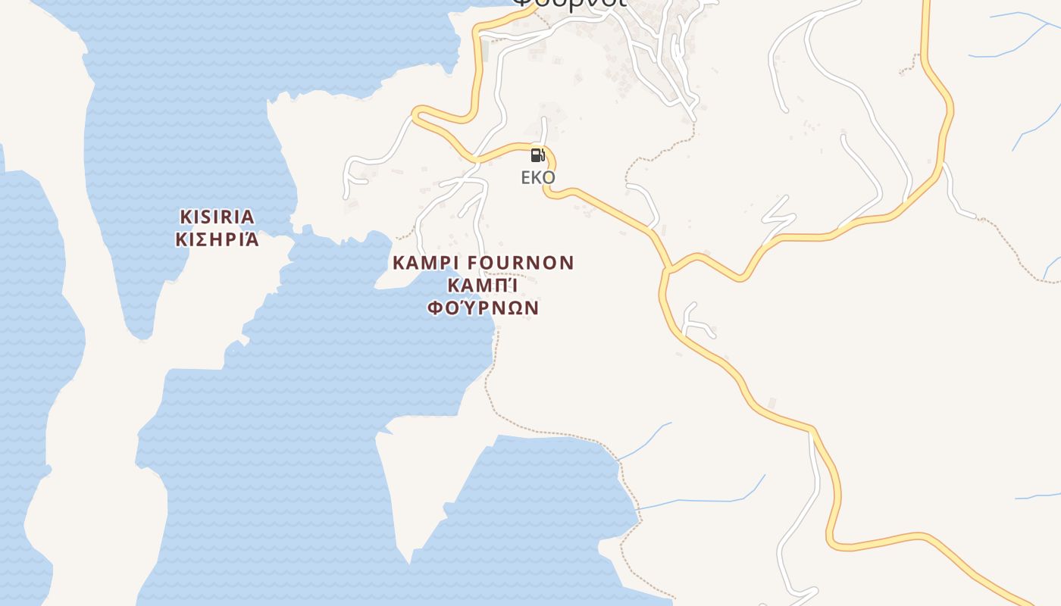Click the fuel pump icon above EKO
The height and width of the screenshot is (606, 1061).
click(537, 155)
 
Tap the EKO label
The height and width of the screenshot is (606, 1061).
click(538, 178)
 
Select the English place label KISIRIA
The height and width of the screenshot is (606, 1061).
click(217, 217)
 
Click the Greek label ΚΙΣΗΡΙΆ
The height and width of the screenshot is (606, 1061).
click(217, 239)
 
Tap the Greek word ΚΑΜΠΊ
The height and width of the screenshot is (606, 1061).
click(483, 286)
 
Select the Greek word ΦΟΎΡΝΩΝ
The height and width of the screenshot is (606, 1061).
click(483, 308)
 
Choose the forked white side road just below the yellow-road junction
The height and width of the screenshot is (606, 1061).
click(693, 322)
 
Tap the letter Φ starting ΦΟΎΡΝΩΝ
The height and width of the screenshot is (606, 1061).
click(435, 308)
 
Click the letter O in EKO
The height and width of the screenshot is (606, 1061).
click(549, 178)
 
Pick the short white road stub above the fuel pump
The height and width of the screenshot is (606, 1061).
click(543, 129)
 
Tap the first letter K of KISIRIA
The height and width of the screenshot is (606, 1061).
click(185, 217)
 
